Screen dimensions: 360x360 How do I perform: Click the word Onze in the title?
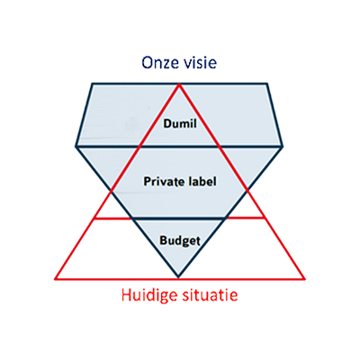click(x=159, y=63)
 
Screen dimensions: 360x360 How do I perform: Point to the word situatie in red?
click(x=210, y=295)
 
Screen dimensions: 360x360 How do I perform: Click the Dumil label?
click(x=180, y=123)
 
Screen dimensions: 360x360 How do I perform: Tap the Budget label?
click(x=180, y=240)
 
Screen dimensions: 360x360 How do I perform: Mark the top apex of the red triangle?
click(x=179, y=85)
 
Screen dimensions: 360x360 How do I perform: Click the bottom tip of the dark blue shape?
click(x=178, y=276)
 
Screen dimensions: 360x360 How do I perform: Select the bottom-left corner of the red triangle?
click(x=55, y=279)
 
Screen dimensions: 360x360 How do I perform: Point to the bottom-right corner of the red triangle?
click(x=305, y=279)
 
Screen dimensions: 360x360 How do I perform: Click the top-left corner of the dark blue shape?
click(x=92, y=84)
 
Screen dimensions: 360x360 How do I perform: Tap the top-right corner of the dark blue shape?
click(x=266, y=84)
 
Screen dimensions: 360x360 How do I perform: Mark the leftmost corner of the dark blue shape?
click(x=76, y=147)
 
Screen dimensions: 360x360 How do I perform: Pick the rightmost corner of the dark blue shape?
click(x=283, y=147)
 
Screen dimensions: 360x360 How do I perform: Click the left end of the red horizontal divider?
click(x=94, y=219)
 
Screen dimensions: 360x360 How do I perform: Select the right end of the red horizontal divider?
click(x=265, y=218)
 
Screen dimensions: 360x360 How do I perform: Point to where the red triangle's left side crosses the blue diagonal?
click(x=112, y=191)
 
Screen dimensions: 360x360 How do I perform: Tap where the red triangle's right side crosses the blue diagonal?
click(x=247, y=190)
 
